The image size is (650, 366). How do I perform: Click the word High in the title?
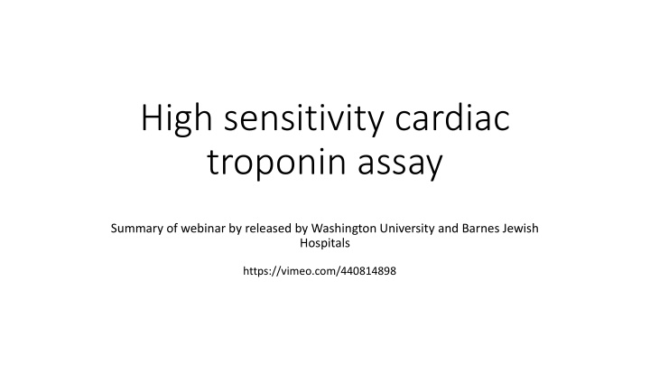(175, 121)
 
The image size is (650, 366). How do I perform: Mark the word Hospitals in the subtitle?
(324, 244)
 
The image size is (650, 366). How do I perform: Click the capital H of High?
(153, 121)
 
